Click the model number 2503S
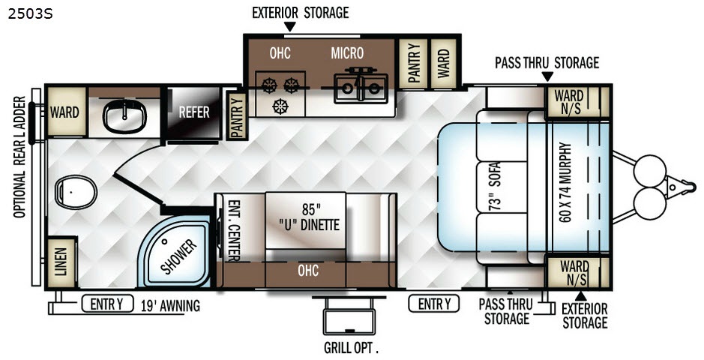point(25,13)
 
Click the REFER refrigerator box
point(193,112)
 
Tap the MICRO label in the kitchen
point(348,53)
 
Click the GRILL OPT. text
point(351,348)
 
